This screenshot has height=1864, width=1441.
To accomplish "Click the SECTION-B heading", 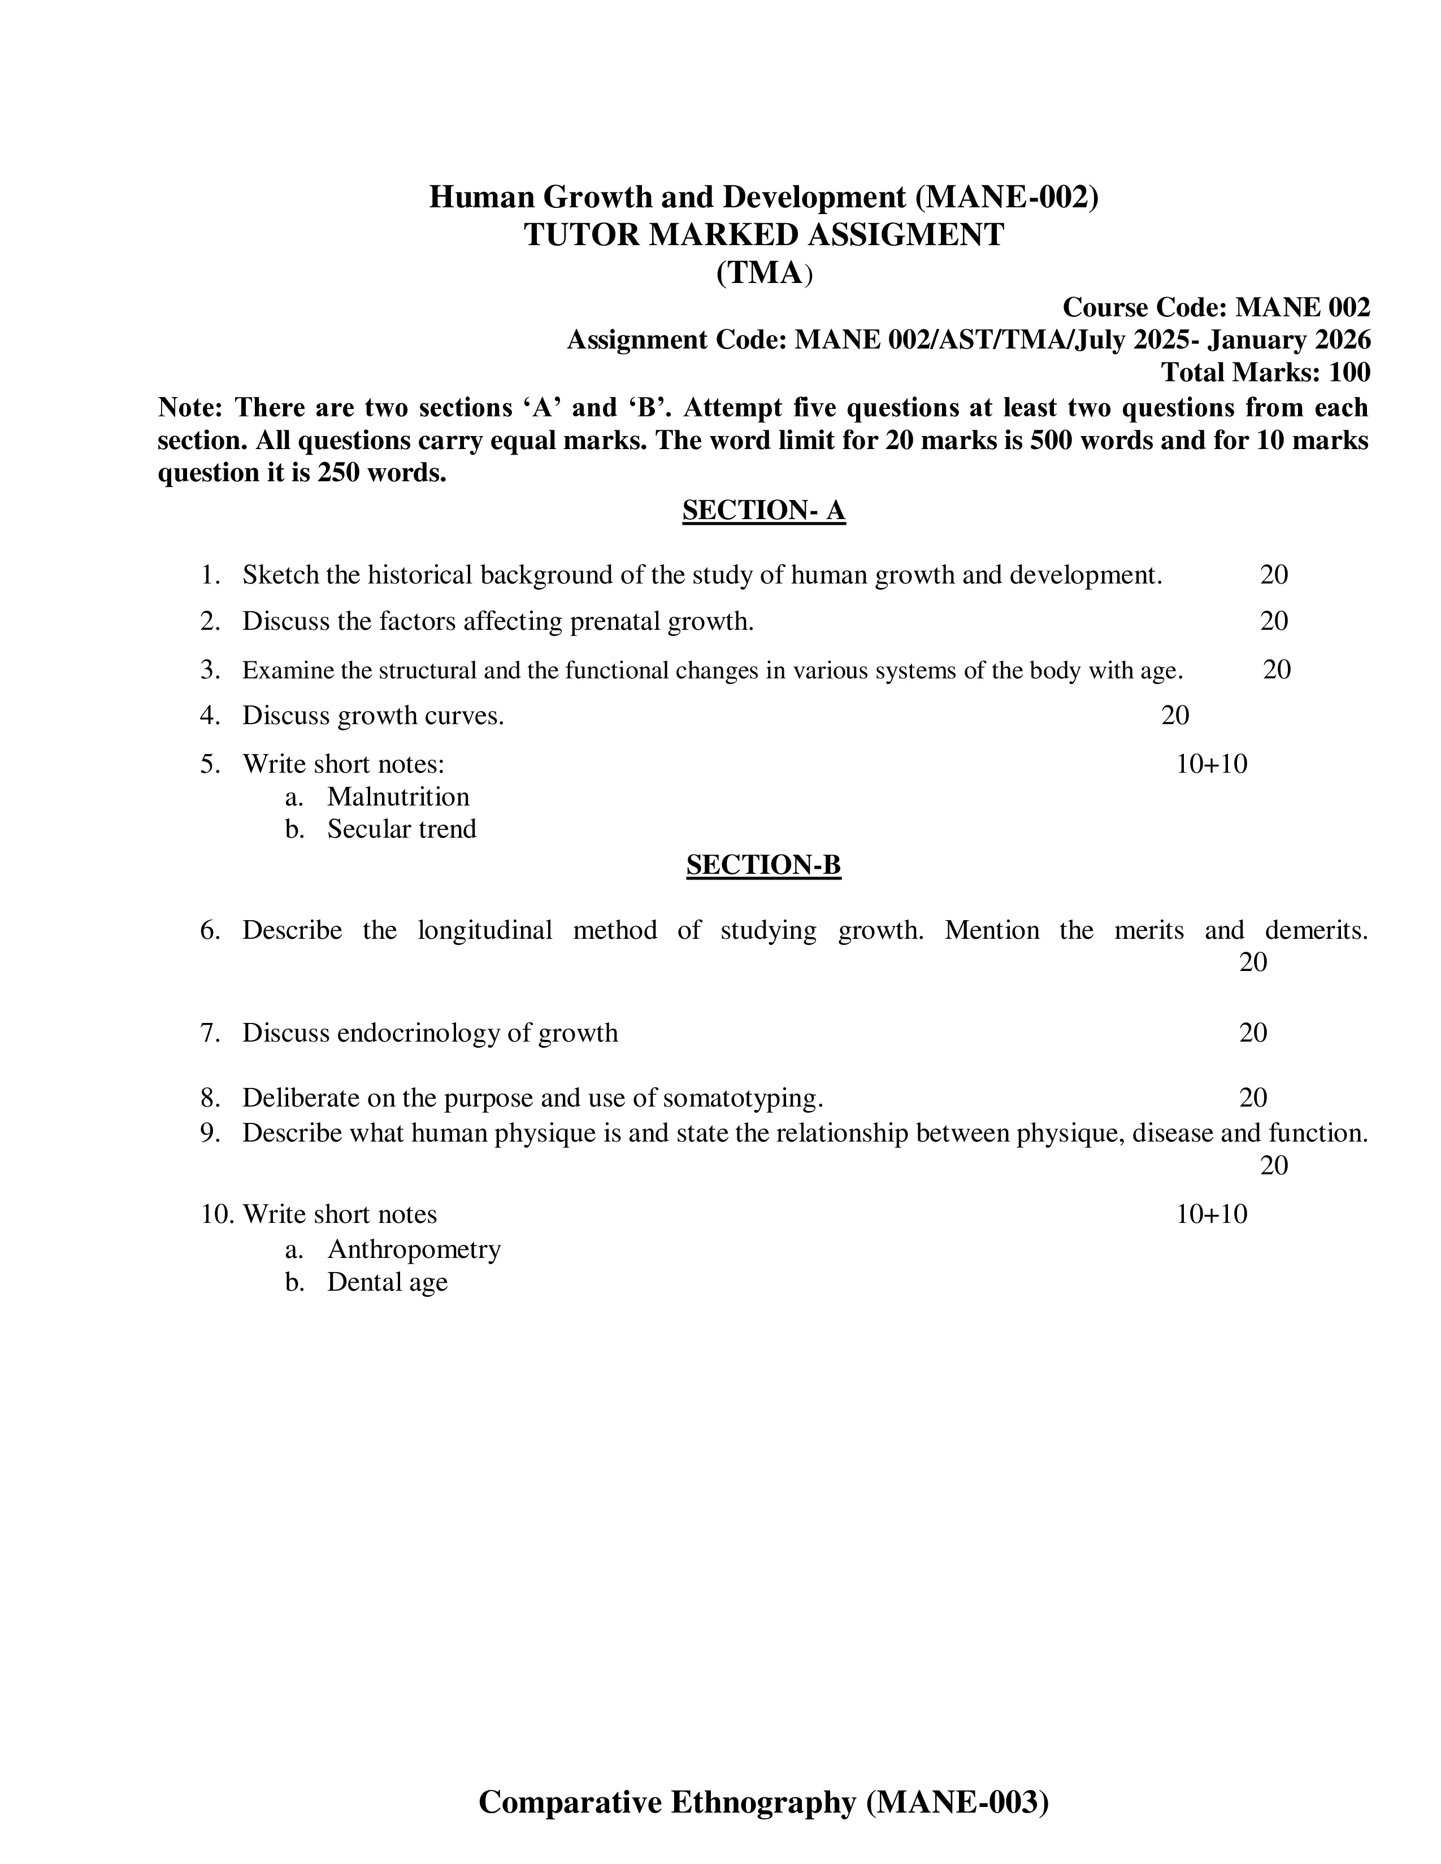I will pos(763,865).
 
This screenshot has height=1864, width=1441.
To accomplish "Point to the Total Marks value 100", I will pos(1349,372).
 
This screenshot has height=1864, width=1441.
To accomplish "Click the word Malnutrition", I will pos(398,796).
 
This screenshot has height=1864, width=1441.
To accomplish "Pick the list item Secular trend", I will pos(401,829).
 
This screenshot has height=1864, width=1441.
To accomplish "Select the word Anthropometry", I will pos(414,1249).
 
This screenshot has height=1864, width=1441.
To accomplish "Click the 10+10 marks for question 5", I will pos(1212,763).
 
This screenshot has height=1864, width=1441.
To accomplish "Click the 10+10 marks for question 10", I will pos(1212,1214).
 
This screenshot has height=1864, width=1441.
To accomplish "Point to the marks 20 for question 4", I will pos(1175,715).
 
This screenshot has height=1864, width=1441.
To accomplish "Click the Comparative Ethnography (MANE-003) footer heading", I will pos(763,1802).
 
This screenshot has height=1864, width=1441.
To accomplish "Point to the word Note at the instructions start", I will pos(189,407).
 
